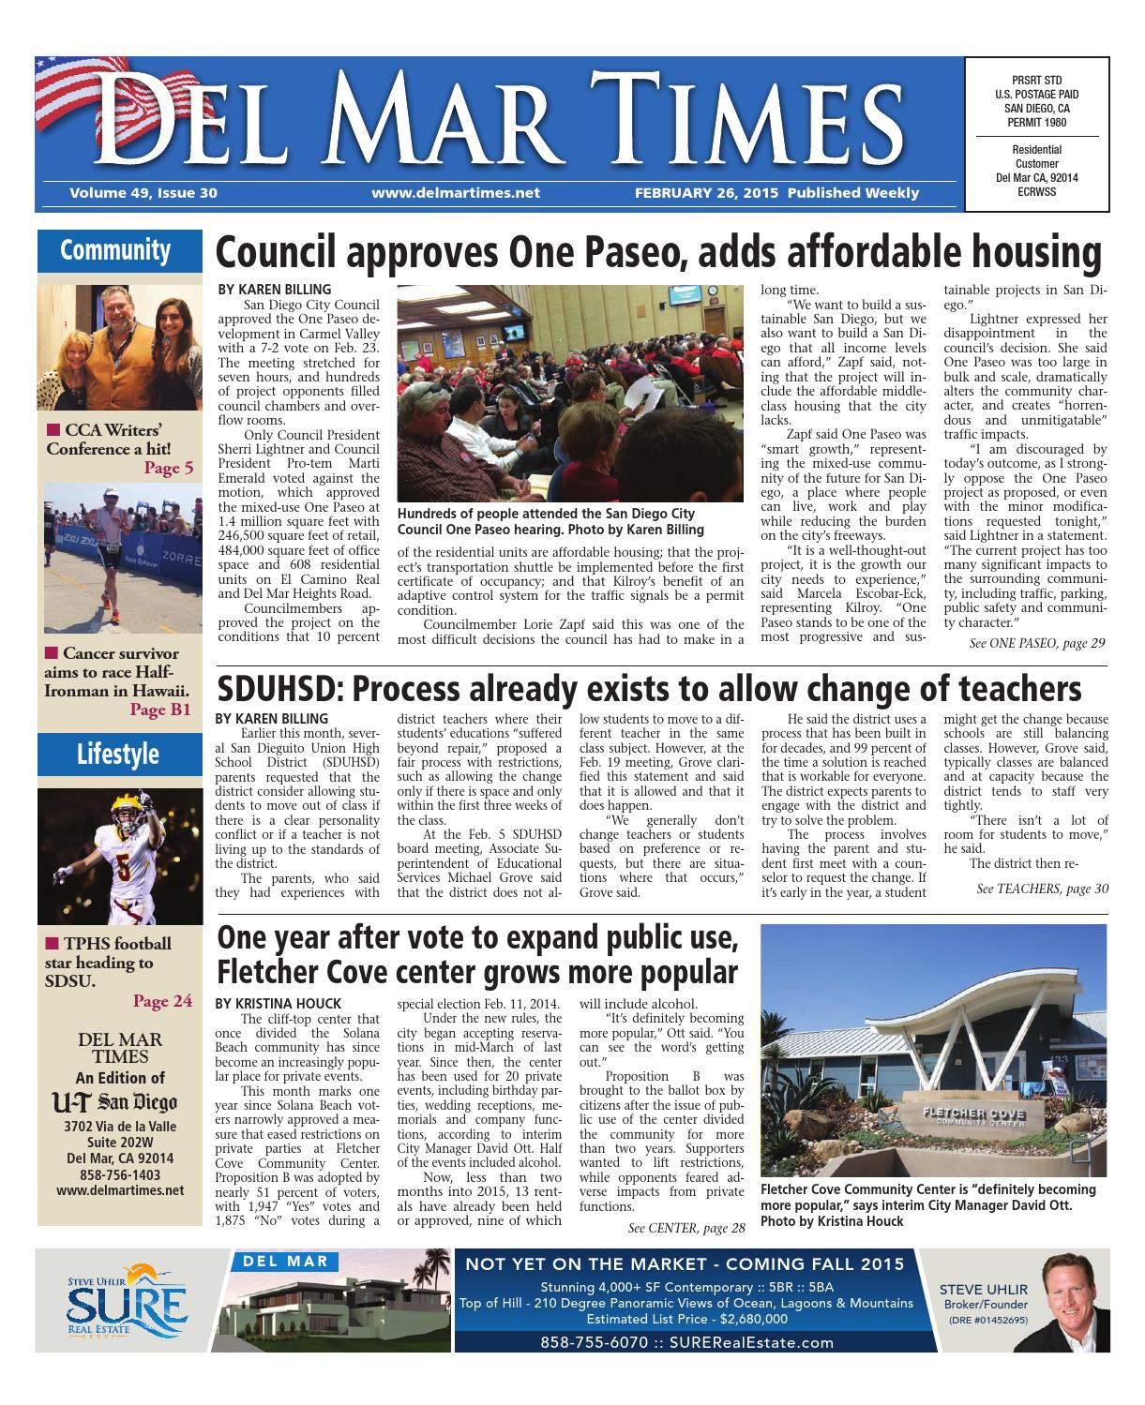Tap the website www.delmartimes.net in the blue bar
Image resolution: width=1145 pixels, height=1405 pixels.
click(456, 193)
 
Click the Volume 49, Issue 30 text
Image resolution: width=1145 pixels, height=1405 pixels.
click(143, 193)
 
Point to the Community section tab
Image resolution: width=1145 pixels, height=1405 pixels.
click(115, 250)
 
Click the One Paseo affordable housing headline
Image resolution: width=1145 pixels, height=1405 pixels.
click(658, 254)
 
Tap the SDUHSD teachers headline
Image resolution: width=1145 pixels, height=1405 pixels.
click(649, 690)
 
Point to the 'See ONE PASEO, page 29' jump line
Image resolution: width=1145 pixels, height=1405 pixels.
click(1036, 643)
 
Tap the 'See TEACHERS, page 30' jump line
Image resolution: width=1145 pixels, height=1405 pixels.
click(1042, 888)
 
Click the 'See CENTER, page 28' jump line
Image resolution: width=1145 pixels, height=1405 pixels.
click(686, 1227)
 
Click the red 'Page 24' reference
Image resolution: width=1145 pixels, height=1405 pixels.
click(162, 1001)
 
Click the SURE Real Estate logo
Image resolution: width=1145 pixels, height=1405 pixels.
click(126, 1303)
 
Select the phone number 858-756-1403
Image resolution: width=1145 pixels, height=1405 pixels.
click(120, 1174)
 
